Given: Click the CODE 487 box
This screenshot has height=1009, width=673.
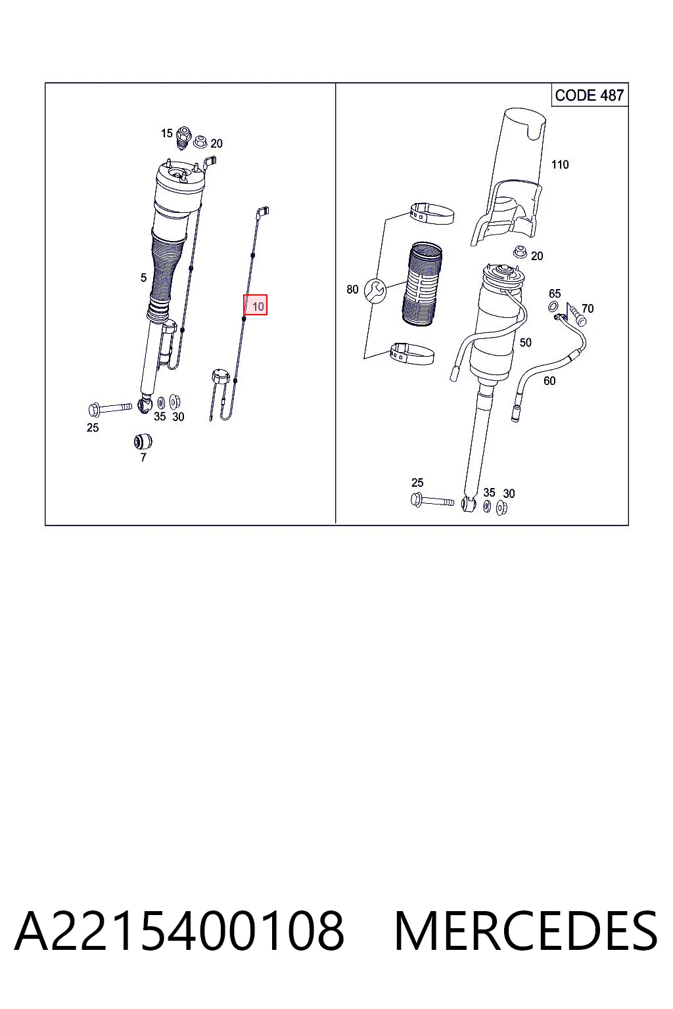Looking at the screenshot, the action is (x=590, y=95).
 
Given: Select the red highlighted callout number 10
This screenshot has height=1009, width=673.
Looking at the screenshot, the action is (x=256, y=305).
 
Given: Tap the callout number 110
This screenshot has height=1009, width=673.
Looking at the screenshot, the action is (x=560, y=165).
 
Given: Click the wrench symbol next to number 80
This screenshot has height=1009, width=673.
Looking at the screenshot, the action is (x=375, y=291).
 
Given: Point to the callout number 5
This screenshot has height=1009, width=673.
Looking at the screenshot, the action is (x=143, y=277).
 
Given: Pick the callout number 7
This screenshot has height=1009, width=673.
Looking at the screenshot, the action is (x=143, y=458).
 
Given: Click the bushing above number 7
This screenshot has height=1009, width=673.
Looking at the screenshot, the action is (x=143, y=441).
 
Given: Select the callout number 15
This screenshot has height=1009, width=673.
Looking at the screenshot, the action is (x=167, y=133).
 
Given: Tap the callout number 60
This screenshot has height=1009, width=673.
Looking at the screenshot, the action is (x=549, y=381).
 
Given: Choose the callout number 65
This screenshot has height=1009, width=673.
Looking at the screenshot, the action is (x=555, y=294).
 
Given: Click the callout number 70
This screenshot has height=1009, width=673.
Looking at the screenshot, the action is (x=588, y=309).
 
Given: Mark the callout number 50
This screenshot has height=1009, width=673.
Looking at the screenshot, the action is (x=525, y=342).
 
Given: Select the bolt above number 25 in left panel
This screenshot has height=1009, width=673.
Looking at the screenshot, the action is (x=110, y=409).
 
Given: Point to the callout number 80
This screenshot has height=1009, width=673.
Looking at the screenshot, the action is (x=352, y=289).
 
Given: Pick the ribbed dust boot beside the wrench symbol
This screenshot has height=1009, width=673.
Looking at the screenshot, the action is (x=421, y=284).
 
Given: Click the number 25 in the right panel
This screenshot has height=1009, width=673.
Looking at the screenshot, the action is (x=417, y=482).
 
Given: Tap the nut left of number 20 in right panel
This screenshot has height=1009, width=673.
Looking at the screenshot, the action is (x=520, y=252).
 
